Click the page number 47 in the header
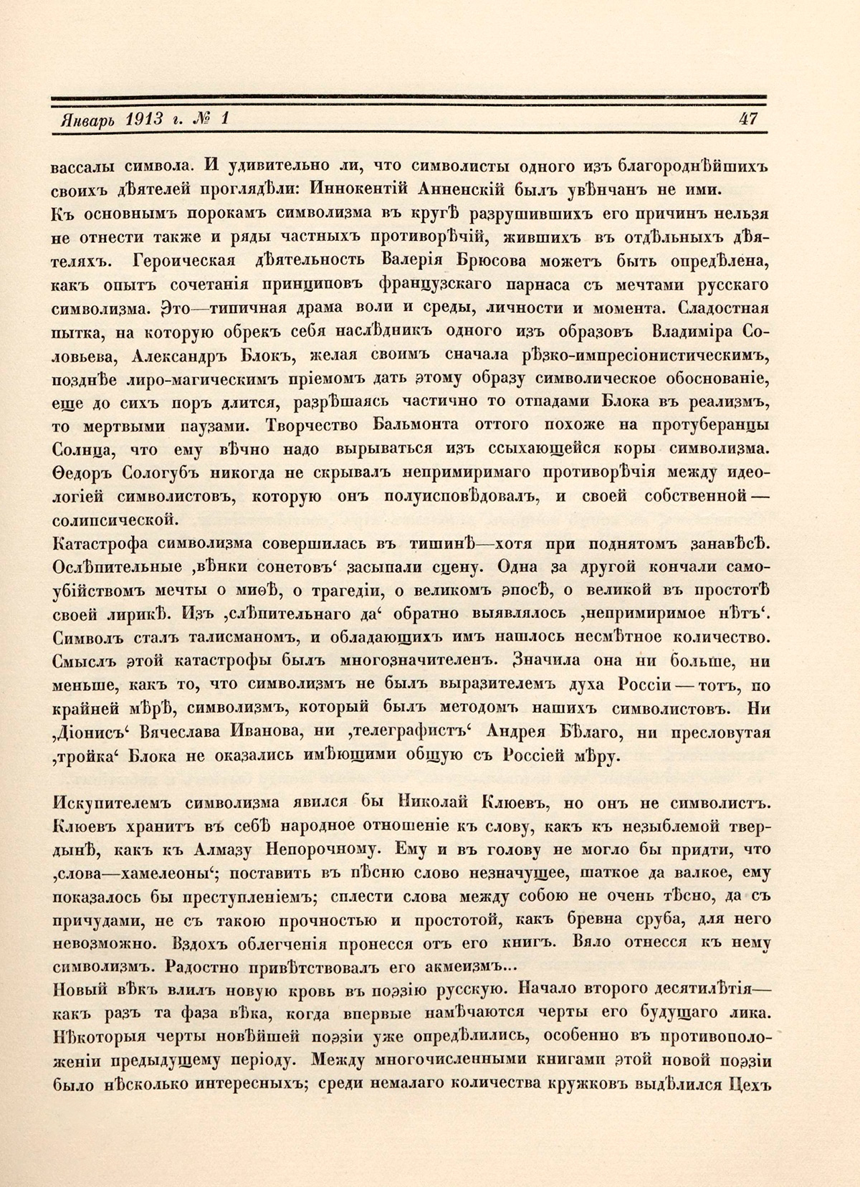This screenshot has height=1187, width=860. [747, 119]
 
